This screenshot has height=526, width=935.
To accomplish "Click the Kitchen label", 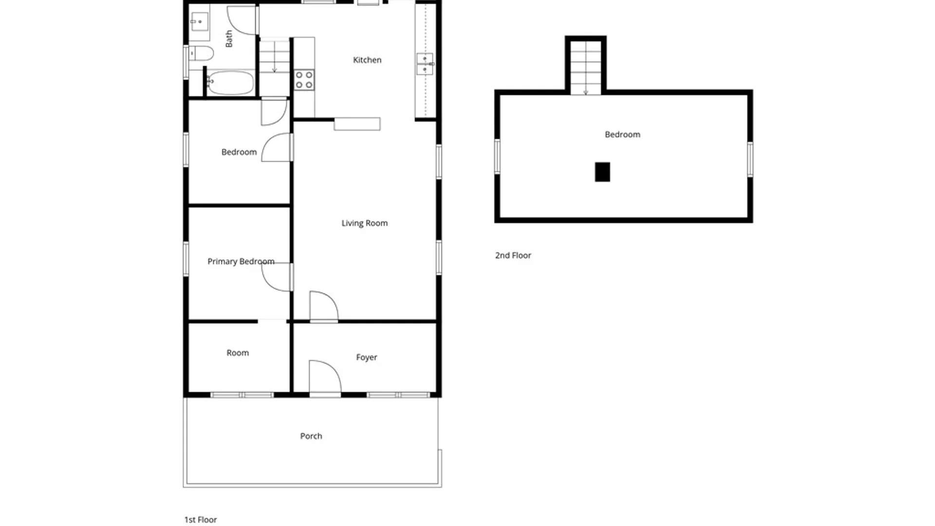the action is pos(367,60).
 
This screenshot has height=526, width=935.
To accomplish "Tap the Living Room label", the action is pos(364,223).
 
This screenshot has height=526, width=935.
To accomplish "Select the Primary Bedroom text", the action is pos(241,262).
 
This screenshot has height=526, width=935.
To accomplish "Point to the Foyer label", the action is pos(366,357).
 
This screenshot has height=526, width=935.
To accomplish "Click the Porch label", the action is pos(311,436).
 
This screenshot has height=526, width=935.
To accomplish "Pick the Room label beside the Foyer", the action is pos(238,353).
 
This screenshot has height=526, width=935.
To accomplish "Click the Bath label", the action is pos(229,39).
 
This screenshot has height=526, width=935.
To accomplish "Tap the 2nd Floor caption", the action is pos(513,255).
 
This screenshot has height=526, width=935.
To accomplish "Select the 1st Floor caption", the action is pos(200,520).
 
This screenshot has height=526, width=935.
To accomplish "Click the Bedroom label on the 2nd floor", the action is pos(622,134).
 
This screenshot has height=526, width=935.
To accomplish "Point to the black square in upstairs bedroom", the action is pos(602,172).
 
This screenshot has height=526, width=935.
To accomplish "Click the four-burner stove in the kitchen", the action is pos(304,80).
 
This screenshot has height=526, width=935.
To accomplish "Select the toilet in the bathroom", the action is pos(201,53).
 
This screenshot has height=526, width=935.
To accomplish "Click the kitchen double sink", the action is pos(425,64).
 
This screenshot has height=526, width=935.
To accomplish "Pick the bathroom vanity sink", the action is pos(199,22).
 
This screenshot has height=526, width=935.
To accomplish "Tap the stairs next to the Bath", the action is pos(274,57).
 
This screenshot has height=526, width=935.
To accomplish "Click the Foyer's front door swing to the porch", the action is pos(325,377).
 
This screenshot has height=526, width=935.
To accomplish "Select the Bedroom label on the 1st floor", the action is pos(239,152).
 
